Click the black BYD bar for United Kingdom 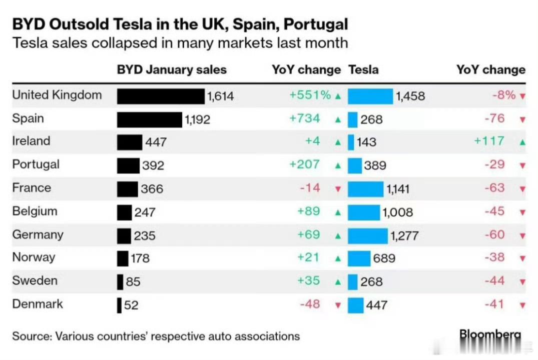click(161, 96)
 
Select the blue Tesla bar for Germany click(368, 235)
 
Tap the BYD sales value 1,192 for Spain click(197, 119)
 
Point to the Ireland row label click(31, 141)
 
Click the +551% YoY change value click(310, 95)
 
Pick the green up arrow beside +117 click(522, 142)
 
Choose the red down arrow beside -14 click(338, 189)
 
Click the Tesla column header click(363, 69)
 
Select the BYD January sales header click(172, 69)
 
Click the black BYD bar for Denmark click(119, 305)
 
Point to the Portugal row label click(36, 164)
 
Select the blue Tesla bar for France click(365, 189)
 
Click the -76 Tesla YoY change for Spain click(494, 118)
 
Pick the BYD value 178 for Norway click(139, 258)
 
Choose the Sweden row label click(35, 280)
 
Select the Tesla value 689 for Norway click(384, 258)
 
